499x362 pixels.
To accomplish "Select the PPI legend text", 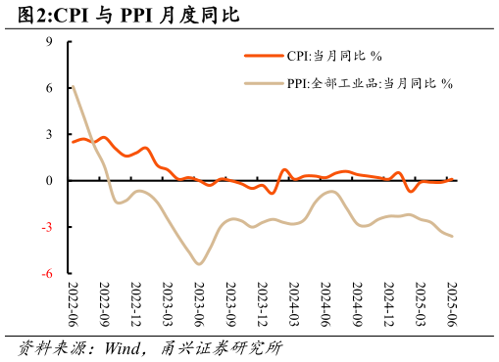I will [369, 84].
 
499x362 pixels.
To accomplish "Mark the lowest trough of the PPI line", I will [200, 264].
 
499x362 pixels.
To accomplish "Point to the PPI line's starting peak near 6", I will [74, 86].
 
